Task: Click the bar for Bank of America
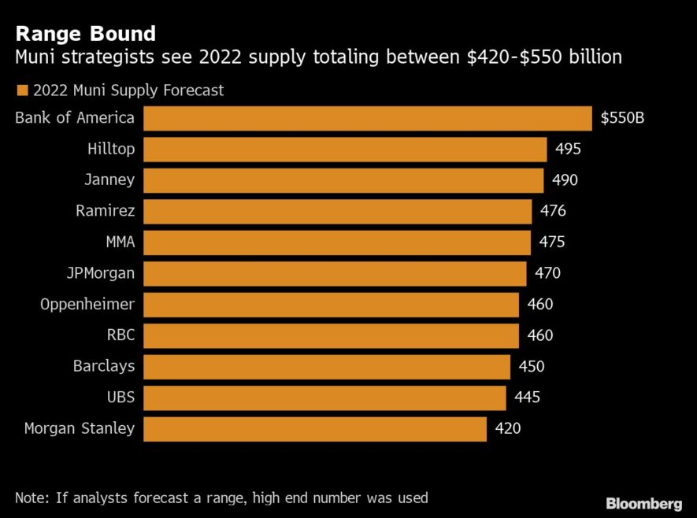point(367,118)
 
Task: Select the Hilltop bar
point(345,150)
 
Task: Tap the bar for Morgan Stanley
point(315,429)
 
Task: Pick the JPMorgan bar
point(335,274)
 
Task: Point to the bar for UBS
point(324,398)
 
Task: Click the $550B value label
point(622,118)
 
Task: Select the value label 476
point(553,211)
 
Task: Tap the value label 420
point(508,429)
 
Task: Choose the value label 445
point(527,398)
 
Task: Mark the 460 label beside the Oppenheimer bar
point(540,305)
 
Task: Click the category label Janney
point(109,180)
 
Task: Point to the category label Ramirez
point(106,211)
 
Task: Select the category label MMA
point(120,242)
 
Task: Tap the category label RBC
point(120,335)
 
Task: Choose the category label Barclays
point(104,366)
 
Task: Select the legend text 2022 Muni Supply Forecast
point(128,91)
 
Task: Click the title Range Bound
point(85,34)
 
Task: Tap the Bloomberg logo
point(643,503)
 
